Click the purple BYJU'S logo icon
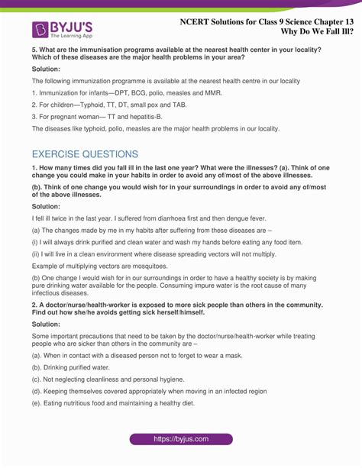click(41, 29)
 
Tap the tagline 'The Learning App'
click(73, 35)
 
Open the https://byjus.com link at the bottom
click(181, 439)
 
